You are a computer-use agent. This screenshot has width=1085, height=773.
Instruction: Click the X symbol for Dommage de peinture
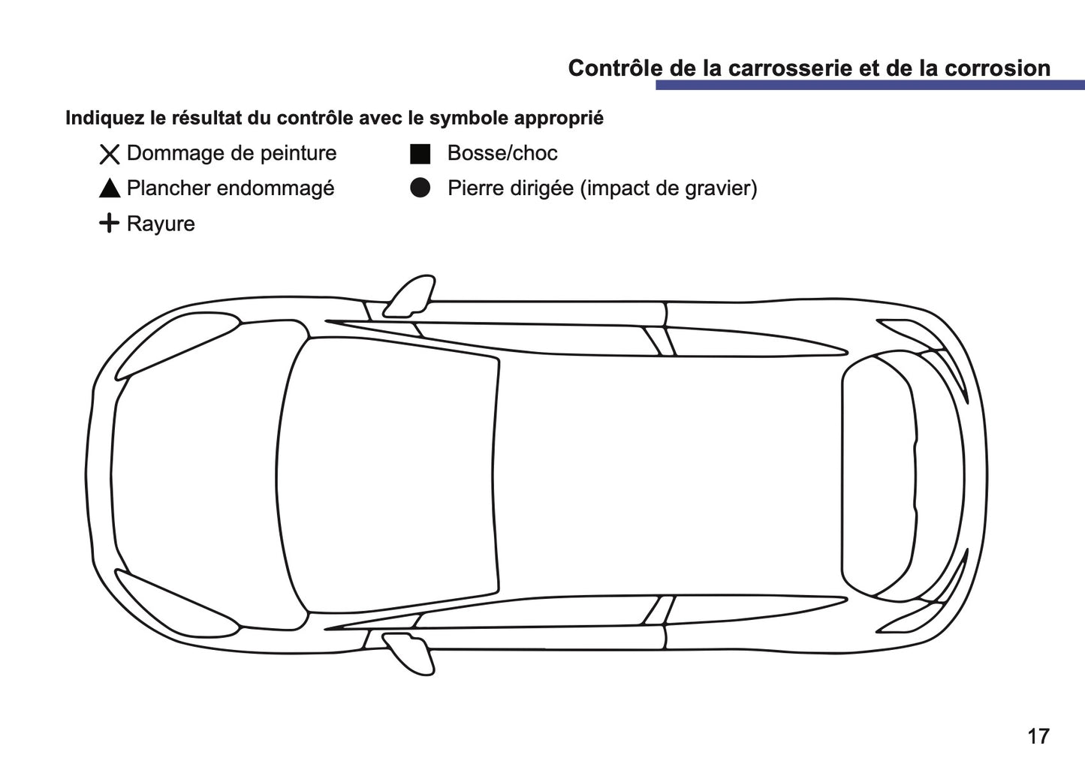[x=110, y=155]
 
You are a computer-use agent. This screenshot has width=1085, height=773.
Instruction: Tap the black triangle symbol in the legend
[x=110, y=189]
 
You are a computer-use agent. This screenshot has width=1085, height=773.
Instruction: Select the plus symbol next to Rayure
[x=110, y=224]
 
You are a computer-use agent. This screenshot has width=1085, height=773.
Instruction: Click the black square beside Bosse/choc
[x=420, y=154]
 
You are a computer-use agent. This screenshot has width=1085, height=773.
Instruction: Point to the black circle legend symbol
[x=420, y=188]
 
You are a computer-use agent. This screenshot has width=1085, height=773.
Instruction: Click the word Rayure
[x=161, y=224]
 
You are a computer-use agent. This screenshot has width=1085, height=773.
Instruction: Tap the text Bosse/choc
[x=502, y=153]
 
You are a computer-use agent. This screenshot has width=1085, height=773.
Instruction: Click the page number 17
[x=1038, y=736]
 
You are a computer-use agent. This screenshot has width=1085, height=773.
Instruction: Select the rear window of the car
[x=879, y=475]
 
